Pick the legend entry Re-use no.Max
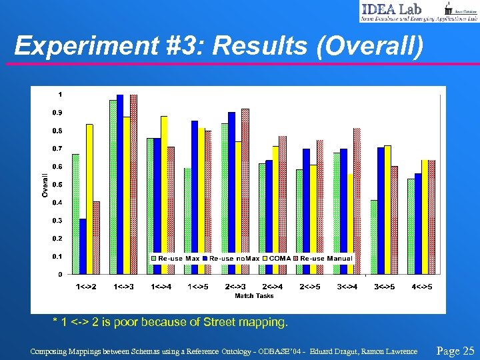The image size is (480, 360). (233, 258)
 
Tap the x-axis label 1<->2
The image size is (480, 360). (85, 287)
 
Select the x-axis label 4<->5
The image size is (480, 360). (421, 287)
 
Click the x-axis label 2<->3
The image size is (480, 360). (235, 287)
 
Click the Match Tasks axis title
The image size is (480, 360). (253, 295)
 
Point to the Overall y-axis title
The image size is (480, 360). (45, 185)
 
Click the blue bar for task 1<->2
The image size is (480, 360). (83, 246)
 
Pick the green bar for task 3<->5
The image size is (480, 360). (374, 237)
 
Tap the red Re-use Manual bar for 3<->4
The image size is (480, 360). (357, 201)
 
